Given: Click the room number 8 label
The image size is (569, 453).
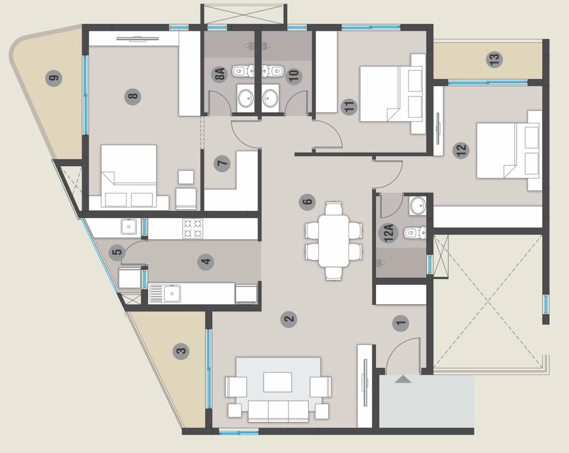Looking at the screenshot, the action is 133,97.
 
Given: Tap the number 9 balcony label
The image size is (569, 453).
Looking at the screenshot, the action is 54,78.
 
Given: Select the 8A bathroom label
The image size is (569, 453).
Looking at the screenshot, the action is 219,74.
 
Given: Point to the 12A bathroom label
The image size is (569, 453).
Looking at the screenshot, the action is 388,233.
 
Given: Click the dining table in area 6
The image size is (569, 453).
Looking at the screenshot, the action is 334,241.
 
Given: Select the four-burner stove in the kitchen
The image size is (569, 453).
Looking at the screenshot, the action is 193,228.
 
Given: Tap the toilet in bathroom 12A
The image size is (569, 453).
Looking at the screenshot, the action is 415,233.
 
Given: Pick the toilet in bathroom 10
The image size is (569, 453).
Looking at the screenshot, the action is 273,71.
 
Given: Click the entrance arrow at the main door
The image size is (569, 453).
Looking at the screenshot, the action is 403,379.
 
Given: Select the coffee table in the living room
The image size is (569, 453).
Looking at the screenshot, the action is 278,382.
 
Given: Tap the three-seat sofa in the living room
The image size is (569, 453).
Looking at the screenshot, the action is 278,411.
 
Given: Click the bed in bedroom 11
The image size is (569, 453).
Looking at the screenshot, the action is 392,94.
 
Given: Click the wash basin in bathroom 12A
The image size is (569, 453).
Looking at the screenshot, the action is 418,205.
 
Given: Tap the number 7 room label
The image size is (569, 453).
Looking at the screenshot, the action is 222,163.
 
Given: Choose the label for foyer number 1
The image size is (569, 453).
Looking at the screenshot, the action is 401,323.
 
